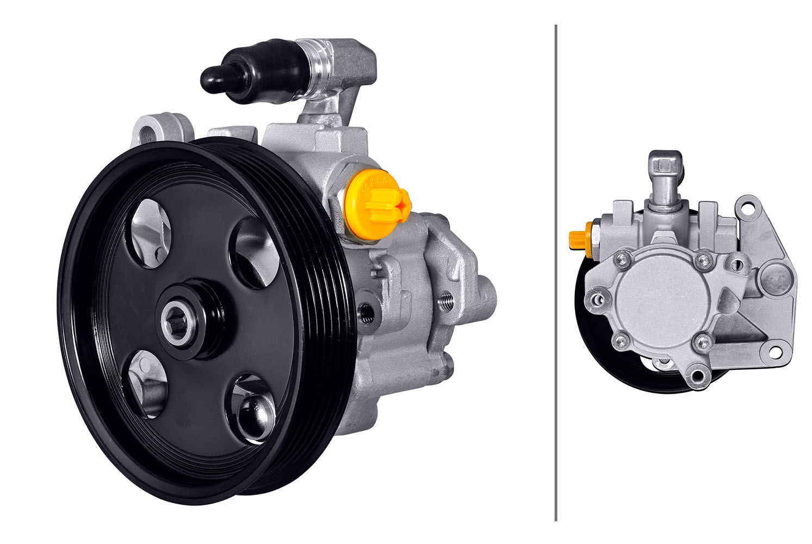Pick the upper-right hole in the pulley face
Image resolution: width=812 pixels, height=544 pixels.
pos(256,252)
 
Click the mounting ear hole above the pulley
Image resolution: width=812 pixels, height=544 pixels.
pos(148,133)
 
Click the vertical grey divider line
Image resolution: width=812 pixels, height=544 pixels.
pos(555,272)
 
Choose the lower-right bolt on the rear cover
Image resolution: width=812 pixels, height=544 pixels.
pos(702,342)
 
